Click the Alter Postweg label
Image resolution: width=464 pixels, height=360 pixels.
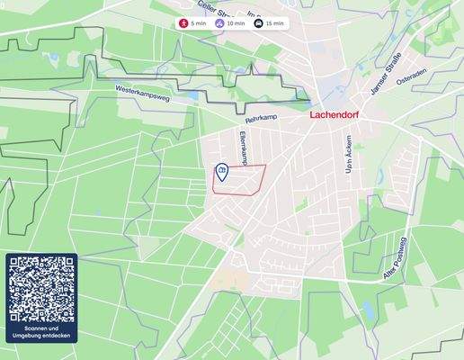pyautogui.click(x=396, y=262)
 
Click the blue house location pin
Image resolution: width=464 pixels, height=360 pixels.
pyautogui.click(x=221, y=169)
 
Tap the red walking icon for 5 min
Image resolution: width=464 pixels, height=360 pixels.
pyautogui.click(x=184, y=22)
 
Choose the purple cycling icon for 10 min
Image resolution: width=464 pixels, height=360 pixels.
pyautogui.click(x=220, y=22)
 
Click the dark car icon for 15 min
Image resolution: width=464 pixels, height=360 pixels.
pyautogui.click(x=259, y=22)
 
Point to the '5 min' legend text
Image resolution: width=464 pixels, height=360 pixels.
pyautogui.click(x=199, y=22)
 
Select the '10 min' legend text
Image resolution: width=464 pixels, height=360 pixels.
pyautogui.click(x=236, y=22)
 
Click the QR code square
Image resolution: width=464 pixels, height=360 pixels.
pyautogui.click(x=41, y=289)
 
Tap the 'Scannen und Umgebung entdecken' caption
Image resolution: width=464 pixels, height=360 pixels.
pyautogui.click(x=41, y=333)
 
